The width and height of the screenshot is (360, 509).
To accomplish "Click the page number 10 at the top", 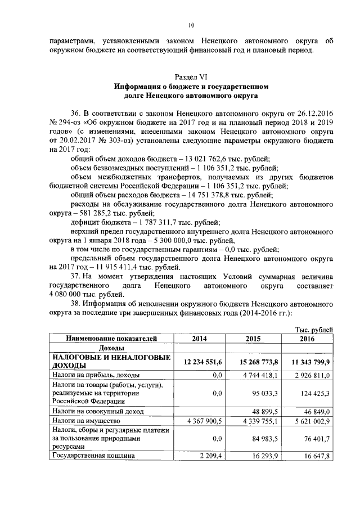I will [x=191, y=25].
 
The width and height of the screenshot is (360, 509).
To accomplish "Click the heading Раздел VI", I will [x=191, y=77].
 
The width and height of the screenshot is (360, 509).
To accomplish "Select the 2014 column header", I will [x=200, y=339].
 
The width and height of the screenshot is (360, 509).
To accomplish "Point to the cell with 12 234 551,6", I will [x=201, y=362].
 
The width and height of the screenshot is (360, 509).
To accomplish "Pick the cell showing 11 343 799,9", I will [x=307, y=362].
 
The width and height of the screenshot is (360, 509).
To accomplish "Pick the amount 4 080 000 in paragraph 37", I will [x=70, y=294].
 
